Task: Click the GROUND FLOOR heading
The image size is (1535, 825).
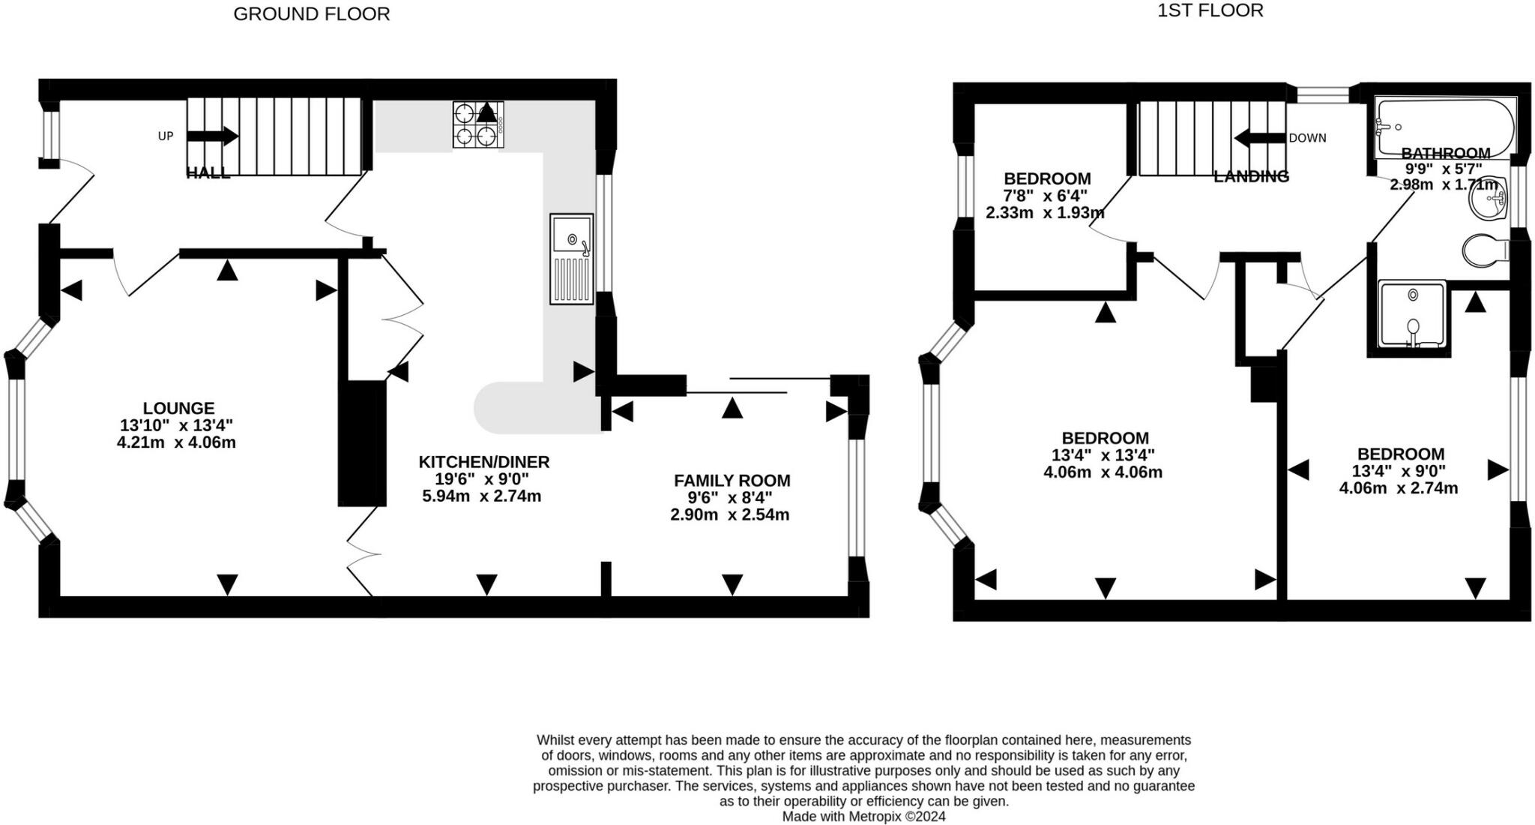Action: point(312,14)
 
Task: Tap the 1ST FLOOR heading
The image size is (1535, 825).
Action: point(1210,10)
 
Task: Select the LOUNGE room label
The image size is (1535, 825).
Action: point(178,408)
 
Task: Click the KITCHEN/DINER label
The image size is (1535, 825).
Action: point(484,462)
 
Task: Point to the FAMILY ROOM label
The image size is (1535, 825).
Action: point(732,481)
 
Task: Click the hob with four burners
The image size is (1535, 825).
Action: point(478,124)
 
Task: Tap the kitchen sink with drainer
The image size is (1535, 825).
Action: point(572,259)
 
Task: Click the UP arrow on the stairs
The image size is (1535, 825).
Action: point(213,136)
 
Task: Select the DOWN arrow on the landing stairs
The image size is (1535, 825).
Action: point(1260,138)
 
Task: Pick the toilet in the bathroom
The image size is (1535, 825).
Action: point(1486,250)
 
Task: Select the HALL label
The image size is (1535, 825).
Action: point(208,173)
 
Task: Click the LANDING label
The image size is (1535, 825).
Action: point(1252,176)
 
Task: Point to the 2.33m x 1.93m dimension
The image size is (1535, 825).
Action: point(1045,212)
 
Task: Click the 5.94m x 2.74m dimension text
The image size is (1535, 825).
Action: point(482,496)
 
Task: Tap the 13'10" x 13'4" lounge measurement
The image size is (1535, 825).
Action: point(176,425)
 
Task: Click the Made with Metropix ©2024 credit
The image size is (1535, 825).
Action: point(864,816)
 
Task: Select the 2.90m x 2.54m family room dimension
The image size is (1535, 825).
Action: point(730,514)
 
